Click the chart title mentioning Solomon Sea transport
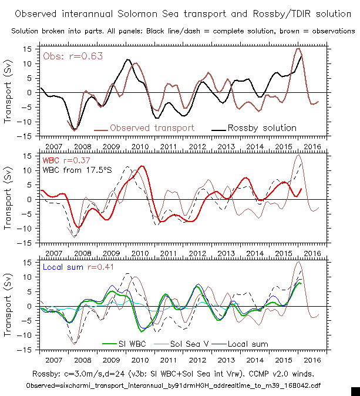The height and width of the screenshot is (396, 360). coord(180,14)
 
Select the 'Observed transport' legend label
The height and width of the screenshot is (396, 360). coord(152,127)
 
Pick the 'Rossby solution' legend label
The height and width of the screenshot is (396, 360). coord(262,127)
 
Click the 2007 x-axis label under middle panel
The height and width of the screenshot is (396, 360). coord(53,253)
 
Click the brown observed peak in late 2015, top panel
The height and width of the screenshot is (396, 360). coord(298,49)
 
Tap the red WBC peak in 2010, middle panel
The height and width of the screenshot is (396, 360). coord(142,166)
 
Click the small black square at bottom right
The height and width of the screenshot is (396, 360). coord(355,391)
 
